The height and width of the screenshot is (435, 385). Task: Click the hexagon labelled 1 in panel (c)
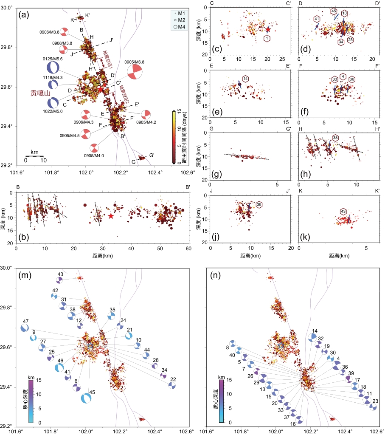coord(267,39)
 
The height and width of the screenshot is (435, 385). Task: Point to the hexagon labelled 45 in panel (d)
coord(334,11)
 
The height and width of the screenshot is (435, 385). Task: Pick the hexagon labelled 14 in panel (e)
coord(245,78)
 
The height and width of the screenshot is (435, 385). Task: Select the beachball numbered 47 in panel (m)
coord(25,328)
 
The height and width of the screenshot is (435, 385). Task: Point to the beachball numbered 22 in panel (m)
coord(172,385)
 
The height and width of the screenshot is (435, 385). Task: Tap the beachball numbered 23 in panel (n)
coord(373,407)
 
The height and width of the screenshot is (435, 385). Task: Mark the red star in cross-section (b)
coord(111,216)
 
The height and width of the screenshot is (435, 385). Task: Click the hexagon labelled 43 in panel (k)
coord(343,211)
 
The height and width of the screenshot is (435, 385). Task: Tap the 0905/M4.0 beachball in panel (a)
coord(94,148)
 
